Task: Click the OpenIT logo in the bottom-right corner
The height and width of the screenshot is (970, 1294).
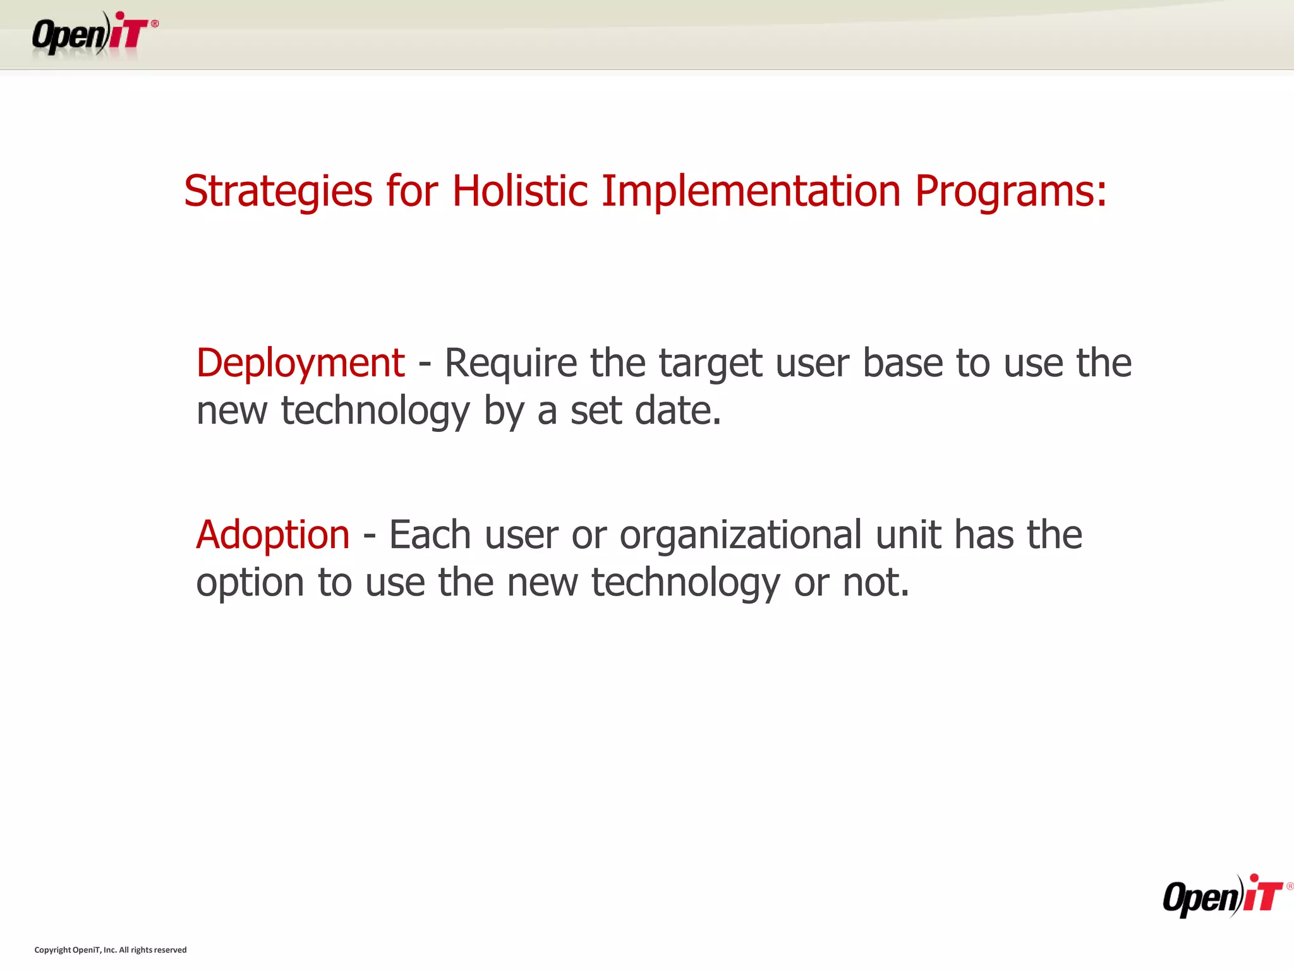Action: (1223, 897)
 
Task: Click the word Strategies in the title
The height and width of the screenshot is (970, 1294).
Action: (278, 191)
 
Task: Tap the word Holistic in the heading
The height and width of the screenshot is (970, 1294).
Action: (520, 191)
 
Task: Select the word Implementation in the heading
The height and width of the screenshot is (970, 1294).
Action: (751, 191)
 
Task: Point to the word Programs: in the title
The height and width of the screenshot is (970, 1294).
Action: (1011, 191)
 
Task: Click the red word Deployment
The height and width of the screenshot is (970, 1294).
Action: (300, 364)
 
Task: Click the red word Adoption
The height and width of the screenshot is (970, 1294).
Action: (272, 536)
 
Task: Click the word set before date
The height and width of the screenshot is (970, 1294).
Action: (596, 411)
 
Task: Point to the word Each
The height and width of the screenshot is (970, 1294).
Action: (430, 536)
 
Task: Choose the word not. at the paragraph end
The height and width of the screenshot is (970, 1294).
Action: (876, 582)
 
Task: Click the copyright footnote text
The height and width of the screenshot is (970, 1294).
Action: (111, 950)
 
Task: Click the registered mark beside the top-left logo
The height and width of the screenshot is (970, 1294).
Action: (155, 24)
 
